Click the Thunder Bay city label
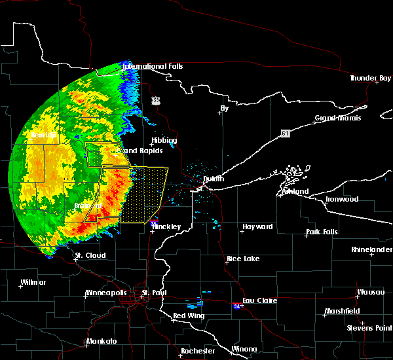pyautogui.click(x=370, y=79)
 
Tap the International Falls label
pyautogui.click(x=153, y=67)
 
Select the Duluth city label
pyautogui.click(x=214, y=179)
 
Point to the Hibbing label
pyautogui.click(x=164, y=141)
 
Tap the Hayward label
pyautogui.click(x=257, y=227)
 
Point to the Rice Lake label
pyautogui.click(x=244, y=259)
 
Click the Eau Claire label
pyautogui.click(x=261, y=301)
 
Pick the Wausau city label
pyautogui.click(x=370, y=292)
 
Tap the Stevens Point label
pyautogui.click(x=370, y=327)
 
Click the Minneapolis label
pyautogui.click(x=108, y=293)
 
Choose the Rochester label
pyautogui.click(x=198, y=351)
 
